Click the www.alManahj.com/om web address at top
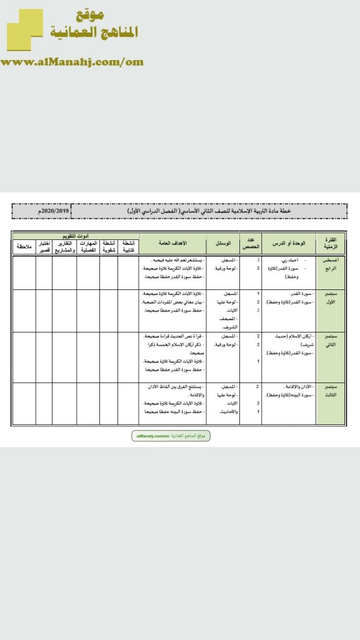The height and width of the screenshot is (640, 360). tap(72, 62)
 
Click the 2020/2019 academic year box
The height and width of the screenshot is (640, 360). tap(41, 212)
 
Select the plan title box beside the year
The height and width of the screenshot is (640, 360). tap(210, 212)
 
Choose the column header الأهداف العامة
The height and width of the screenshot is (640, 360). tap(171, 242)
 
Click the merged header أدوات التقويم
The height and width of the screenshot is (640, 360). tap(74, 236)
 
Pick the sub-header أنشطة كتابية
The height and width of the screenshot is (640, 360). tap(127, 247)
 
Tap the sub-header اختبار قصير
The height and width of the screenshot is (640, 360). tap(44, 247)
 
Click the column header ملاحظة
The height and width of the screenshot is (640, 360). tap(24, 247)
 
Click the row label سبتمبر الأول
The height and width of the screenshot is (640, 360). tap(329, 297)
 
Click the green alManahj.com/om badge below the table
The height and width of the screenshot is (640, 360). tap(171, 436)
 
